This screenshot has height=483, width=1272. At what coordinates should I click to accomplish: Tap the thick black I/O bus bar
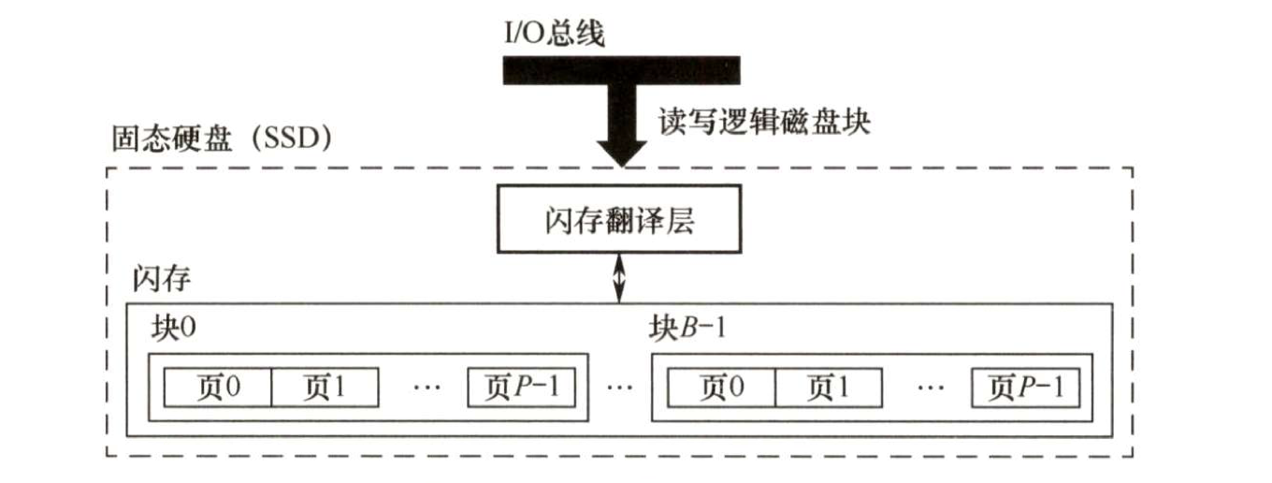point(621,70)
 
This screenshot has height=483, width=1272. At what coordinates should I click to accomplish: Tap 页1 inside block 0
point(325,387)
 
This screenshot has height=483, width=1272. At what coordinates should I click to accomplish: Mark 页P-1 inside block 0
point(521,387)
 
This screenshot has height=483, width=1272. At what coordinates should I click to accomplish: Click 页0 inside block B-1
point(721,387)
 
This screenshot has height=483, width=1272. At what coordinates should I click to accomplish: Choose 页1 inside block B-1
point(829,387)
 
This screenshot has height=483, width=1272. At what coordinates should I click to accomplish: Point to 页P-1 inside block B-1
point(1025,387)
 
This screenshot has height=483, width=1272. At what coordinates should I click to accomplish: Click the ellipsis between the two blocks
point(618,388)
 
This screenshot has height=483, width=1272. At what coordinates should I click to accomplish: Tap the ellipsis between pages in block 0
point(426,388)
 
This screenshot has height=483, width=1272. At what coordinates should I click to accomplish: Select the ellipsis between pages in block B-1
point(929,388)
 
